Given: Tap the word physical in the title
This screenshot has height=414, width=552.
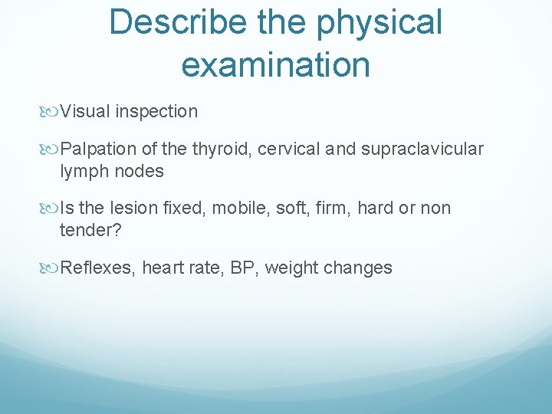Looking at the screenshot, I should click(389, 22).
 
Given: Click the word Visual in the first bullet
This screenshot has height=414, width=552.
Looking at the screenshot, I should click(85, 112).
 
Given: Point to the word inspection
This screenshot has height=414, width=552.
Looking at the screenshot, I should click(156, 112).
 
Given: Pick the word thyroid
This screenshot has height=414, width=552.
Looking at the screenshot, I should click(223, 149).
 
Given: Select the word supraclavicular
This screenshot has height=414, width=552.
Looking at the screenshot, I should click(422, 149).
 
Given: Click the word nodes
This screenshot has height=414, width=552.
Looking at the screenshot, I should click(140, 171).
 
